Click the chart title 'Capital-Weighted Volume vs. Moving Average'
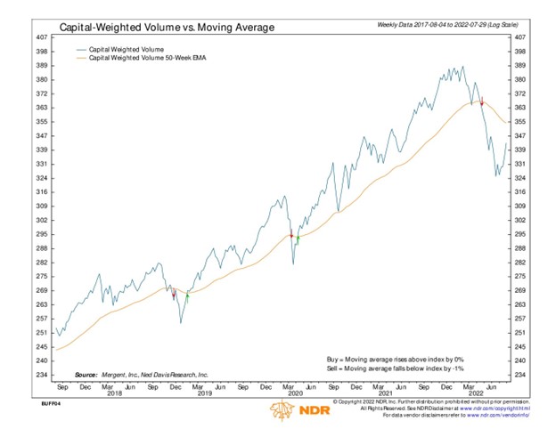tap(167, 28)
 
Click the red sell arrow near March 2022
tap(481, 101)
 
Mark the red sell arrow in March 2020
tap(291, 235)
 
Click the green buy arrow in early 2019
tap(188, 295)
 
